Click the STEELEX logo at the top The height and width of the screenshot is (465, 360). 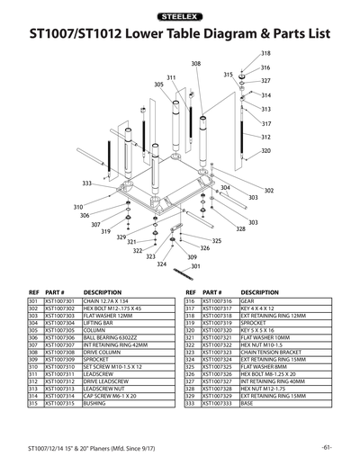[x=180, y=15]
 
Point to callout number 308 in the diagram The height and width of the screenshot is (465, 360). [x=196, y=64]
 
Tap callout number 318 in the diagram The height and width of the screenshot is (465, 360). [x=265, y=55]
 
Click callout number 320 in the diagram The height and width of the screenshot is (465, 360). [x=265, y=151]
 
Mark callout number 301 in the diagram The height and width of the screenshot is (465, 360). [x=195, y=266]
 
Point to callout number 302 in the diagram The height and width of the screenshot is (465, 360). [x=268, y=191]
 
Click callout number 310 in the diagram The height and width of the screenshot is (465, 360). [x=78, y=207]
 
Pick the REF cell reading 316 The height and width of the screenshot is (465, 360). [x=190, y=301]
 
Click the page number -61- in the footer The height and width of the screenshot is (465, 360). [x=327, y=447]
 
